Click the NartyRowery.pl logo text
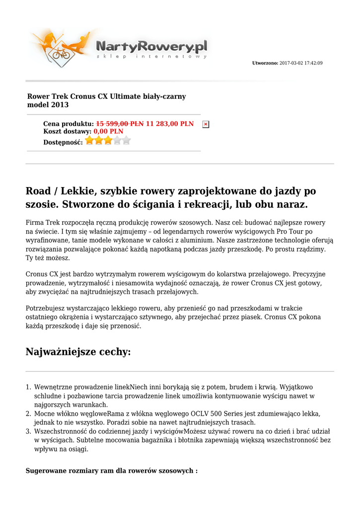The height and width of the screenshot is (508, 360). (x=151, y=47)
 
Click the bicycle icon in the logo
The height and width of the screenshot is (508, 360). (x=62, y=53)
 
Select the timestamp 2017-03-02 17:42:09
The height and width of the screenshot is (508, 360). (x=301, y=63)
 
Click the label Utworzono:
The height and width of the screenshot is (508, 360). (x=266, y=63)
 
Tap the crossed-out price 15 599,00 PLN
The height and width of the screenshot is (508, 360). (x=120, y=124)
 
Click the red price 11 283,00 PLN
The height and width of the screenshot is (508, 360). (x=170, y=124)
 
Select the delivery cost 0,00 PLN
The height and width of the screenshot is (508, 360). (x=109, y=131)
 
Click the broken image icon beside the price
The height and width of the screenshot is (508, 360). (x=206, y=125)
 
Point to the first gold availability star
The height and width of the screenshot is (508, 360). (x=90, y=141)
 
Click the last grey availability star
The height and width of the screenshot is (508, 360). (x=126, y=141)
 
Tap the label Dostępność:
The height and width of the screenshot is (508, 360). (x=63, y=142)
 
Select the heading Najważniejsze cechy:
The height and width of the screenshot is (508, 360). (x=78, y=352)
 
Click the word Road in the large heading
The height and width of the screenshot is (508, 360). (x=39, y=191)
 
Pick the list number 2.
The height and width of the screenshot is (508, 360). (x=29, y=414)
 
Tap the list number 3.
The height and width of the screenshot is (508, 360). (x=29, y=432)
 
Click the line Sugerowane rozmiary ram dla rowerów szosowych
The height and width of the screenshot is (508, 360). (x=111, y=470)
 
